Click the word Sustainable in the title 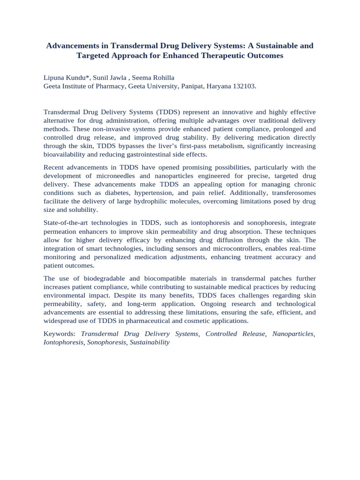[x=274, y=46]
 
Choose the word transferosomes [x=294, y=193]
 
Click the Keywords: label [x=59, y=334]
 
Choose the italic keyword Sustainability [x=150, y=342]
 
